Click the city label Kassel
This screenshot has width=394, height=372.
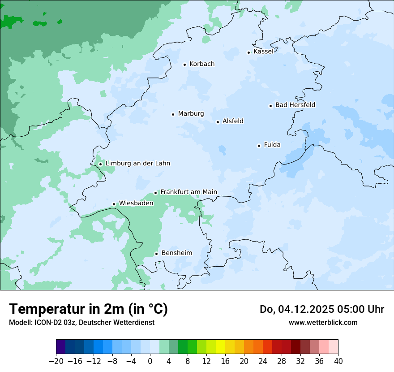coord(263,52)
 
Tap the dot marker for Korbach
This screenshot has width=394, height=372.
coord(184,65)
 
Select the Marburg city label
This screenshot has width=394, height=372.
coord(191,114)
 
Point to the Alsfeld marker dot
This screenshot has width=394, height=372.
coord(218,122)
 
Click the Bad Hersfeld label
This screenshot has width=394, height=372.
coord(295,105)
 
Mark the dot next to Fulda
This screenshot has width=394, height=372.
coord(259,146)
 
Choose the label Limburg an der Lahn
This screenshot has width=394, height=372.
coord(137,164)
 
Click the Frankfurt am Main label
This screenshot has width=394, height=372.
coord(188,192)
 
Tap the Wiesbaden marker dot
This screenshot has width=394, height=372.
coord(114,204)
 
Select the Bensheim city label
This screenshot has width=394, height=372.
coord(176,253)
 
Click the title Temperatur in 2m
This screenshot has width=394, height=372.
coord(88,309)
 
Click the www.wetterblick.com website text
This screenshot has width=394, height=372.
coord(323,322)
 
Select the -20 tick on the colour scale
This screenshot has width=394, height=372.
coord(56,361)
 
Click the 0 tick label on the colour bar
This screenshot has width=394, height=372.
coord(150,361)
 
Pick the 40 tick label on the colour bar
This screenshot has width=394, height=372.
coord(338,361)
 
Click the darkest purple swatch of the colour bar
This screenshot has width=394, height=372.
coord(60,347)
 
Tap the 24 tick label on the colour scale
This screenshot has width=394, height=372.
coord(263,361)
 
